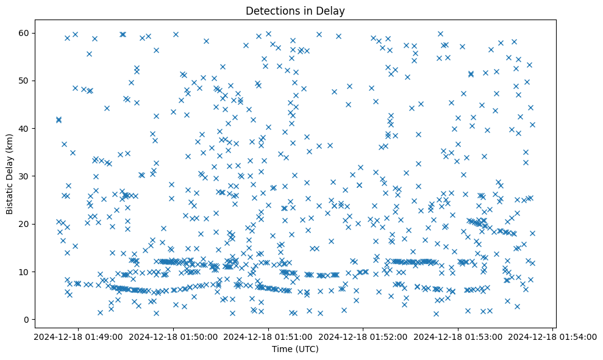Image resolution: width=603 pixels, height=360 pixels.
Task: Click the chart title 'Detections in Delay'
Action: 294,11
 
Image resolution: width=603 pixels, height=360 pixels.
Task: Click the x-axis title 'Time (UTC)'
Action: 294,349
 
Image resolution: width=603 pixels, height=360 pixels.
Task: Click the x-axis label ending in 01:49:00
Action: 78,336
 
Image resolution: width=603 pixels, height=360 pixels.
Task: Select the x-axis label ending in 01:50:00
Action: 173,336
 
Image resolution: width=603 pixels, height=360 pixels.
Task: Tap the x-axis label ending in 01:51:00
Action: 268,336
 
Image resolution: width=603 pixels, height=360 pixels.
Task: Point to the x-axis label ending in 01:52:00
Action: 363,336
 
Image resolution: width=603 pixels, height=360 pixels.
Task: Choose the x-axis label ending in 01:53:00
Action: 458,336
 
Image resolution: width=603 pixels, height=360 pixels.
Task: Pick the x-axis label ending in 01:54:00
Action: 553,336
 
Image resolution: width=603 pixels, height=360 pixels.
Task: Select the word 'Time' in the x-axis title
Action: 282,349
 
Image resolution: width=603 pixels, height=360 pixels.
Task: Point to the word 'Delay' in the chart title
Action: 330,11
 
